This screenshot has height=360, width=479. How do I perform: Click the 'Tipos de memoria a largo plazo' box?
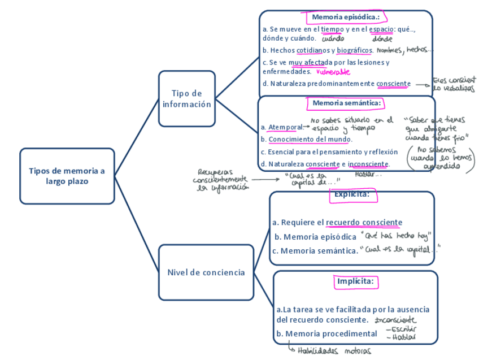tap(67, 176)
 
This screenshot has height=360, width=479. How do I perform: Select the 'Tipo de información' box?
tap(186, 98)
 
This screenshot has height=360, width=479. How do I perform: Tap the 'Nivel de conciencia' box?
tap(206, 272)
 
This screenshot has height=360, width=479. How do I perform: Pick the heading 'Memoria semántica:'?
tap(347, 103)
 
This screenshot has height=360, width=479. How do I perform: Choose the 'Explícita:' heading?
tap(351, 194)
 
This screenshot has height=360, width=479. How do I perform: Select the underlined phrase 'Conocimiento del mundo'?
tap(310, 139)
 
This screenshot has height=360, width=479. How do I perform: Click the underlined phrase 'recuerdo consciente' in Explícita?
tap(364, 223)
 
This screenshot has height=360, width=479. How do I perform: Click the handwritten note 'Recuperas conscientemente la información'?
tap(220, 180)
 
